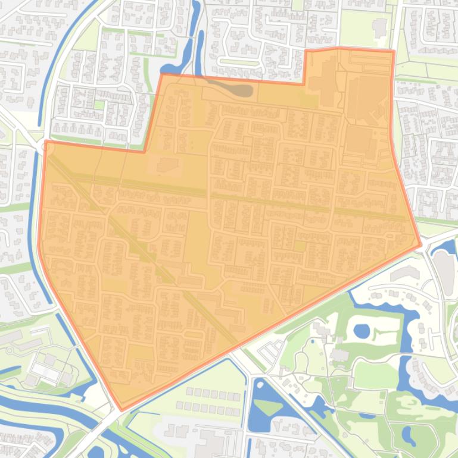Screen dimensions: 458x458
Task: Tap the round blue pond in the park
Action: pos(362,330)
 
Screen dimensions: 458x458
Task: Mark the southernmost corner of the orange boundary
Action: pos(122,410)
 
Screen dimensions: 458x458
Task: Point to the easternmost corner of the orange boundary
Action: pos(420,244)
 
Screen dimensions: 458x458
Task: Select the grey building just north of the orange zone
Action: pos(379,27)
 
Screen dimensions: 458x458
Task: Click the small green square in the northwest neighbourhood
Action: pos(99,105)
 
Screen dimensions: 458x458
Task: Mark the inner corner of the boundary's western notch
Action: pos(145,152)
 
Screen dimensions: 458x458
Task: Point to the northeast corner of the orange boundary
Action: pos(393,52)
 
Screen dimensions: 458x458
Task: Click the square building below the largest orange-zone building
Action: pos(360,139)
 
